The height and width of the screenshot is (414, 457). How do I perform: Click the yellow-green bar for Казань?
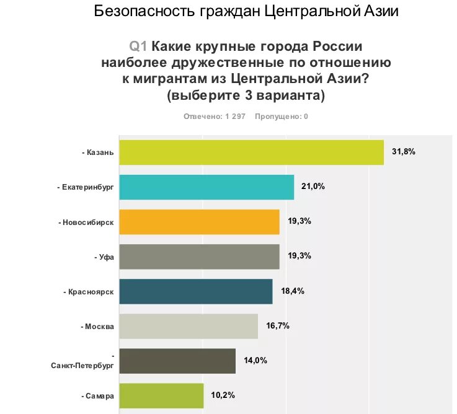[251, 152]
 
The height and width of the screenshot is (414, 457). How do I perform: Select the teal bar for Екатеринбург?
[206, 187]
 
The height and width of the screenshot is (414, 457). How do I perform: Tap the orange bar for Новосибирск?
[198, 222]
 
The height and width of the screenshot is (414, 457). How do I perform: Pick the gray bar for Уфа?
[198, 257]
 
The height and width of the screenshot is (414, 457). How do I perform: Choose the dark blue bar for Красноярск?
[195, 291]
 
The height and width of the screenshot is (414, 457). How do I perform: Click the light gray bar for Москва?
[188, 326]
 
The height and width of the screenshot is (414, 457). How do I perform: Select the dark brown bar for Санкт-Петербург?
[177, 361]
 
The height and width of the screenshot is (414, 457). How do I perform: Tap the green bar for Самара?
[161, 395]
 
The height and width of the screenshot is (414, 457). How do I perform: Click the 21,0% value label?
[313, 187]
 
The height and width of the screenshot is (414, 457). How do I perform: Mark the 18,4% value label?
[292, 291]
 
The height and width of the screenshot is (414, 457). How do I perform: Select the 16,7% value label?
[278, 325]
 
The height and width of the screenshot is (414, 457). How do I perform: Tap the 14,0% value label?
[255, 360]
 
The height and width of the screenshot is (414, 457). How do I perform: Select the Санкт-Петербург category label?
[82, 366]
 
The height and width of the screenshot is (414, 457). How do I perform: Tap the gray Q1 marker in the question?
[138, 46]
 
